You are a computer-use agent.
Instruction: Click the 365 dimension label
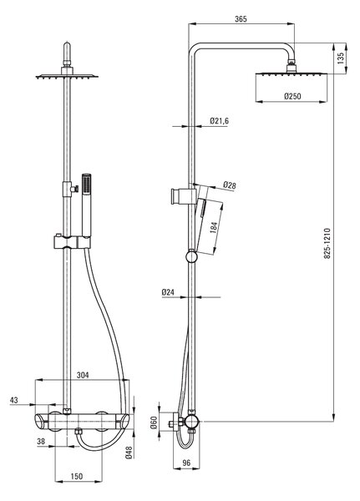click(x=241, y=19)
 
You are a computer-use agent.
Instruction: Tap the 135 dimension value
click(x=341, y=58)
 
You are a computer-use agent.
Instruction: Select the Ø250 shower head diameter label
click(x=292, y=96)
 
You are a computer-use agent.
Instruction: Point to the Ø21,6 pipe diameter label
click(x=220, y=121)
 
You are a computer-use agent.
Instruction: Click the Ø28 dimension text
click(x=230, y=185)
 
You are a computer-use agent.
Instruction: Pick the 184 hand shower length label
click(x=214, y=227)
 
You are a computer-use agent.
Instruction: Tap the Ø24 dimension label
click(x=168, y=292)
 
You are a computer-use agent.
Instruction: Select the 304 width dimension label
click(x=83, y=375)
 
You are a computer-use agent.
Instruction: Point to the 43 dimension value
click(x=14, y=400)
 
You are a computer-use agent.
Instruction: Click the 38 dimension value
click(x=41, y=441)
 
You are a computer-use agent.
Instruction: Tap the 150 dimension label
click(x=77, y=477)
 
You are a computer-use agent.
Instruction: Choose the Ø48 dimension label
click(x=129, y=453)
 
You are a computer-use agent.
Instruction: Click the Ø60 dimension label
click(x=154, y=423)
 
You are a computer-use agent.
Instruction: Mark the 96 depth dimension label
click(x=186, y=463)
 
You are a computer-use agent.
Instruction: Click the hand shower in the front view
click(x=86, y=205)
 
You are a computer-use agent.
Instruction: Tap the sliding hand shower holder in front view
click(x=73, y=242)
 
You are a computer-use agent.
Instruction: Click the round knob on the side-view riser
click(x=191, y=257)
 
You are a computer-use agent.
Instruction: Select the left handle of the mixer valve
click(x=42, y=422)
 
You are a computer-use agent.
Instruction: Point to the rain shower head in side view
click(x=292, y=74)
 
